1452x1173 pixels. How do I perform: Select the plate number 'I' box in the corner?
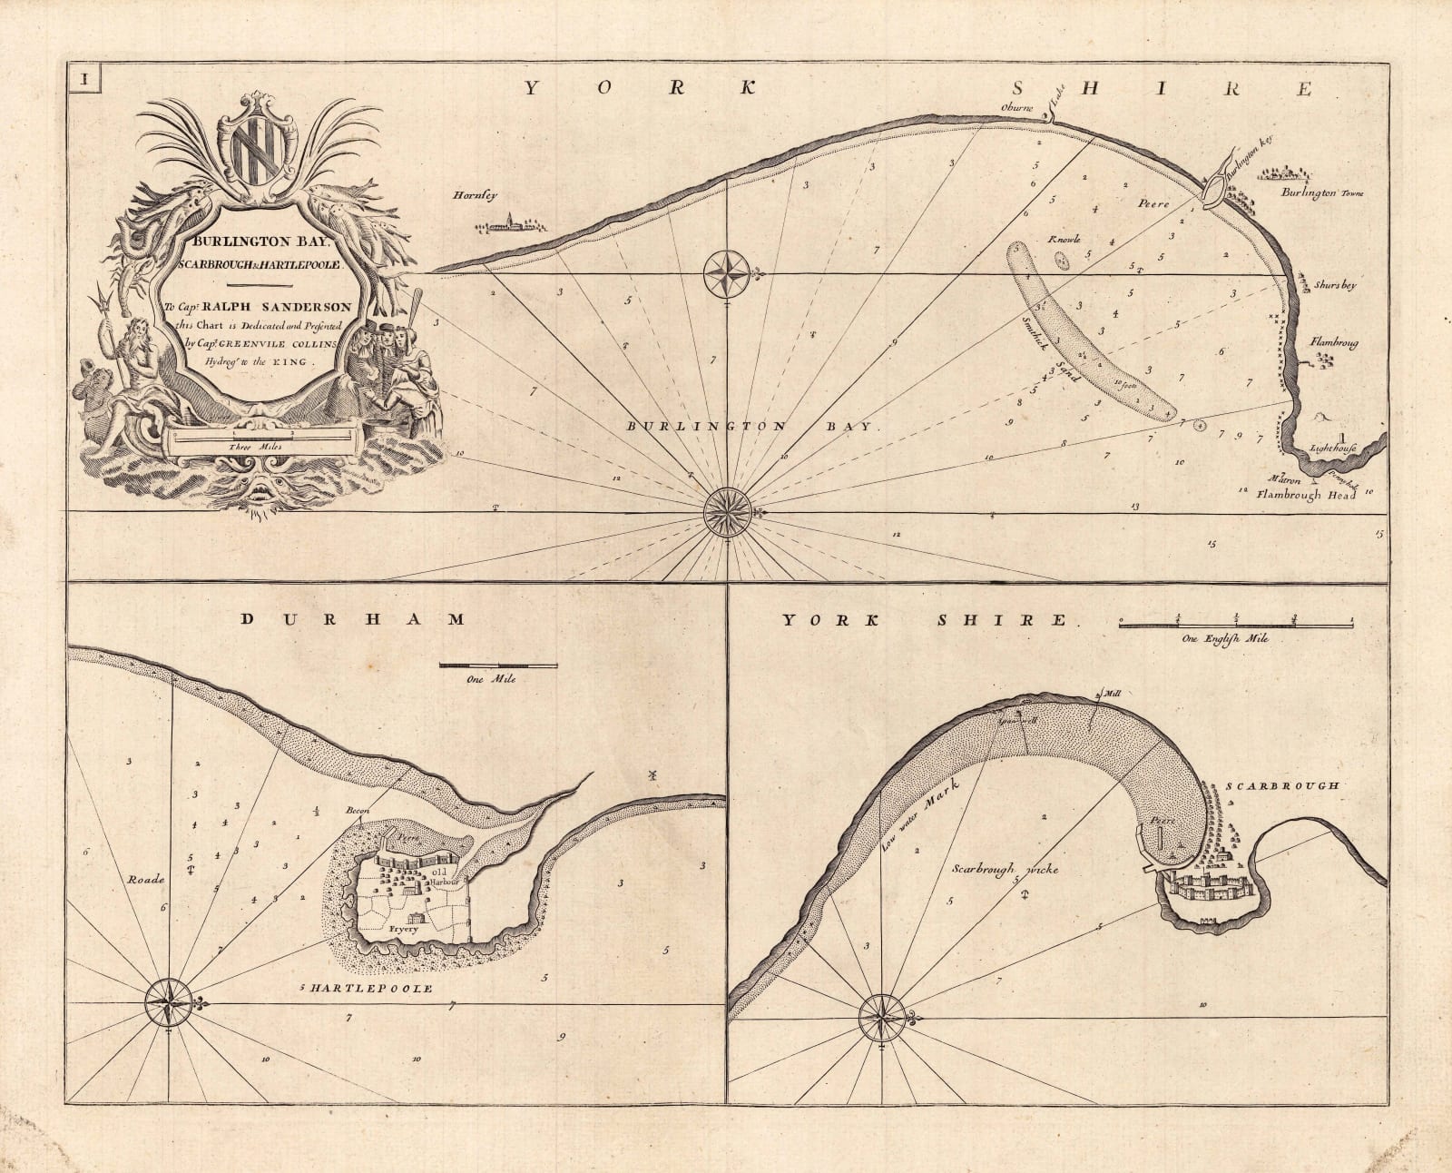pyautogui.click(x=83, y=79)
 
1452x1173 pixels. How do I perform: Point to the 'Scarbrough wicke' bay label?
pyautogui.click(x=1006, y=869)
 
